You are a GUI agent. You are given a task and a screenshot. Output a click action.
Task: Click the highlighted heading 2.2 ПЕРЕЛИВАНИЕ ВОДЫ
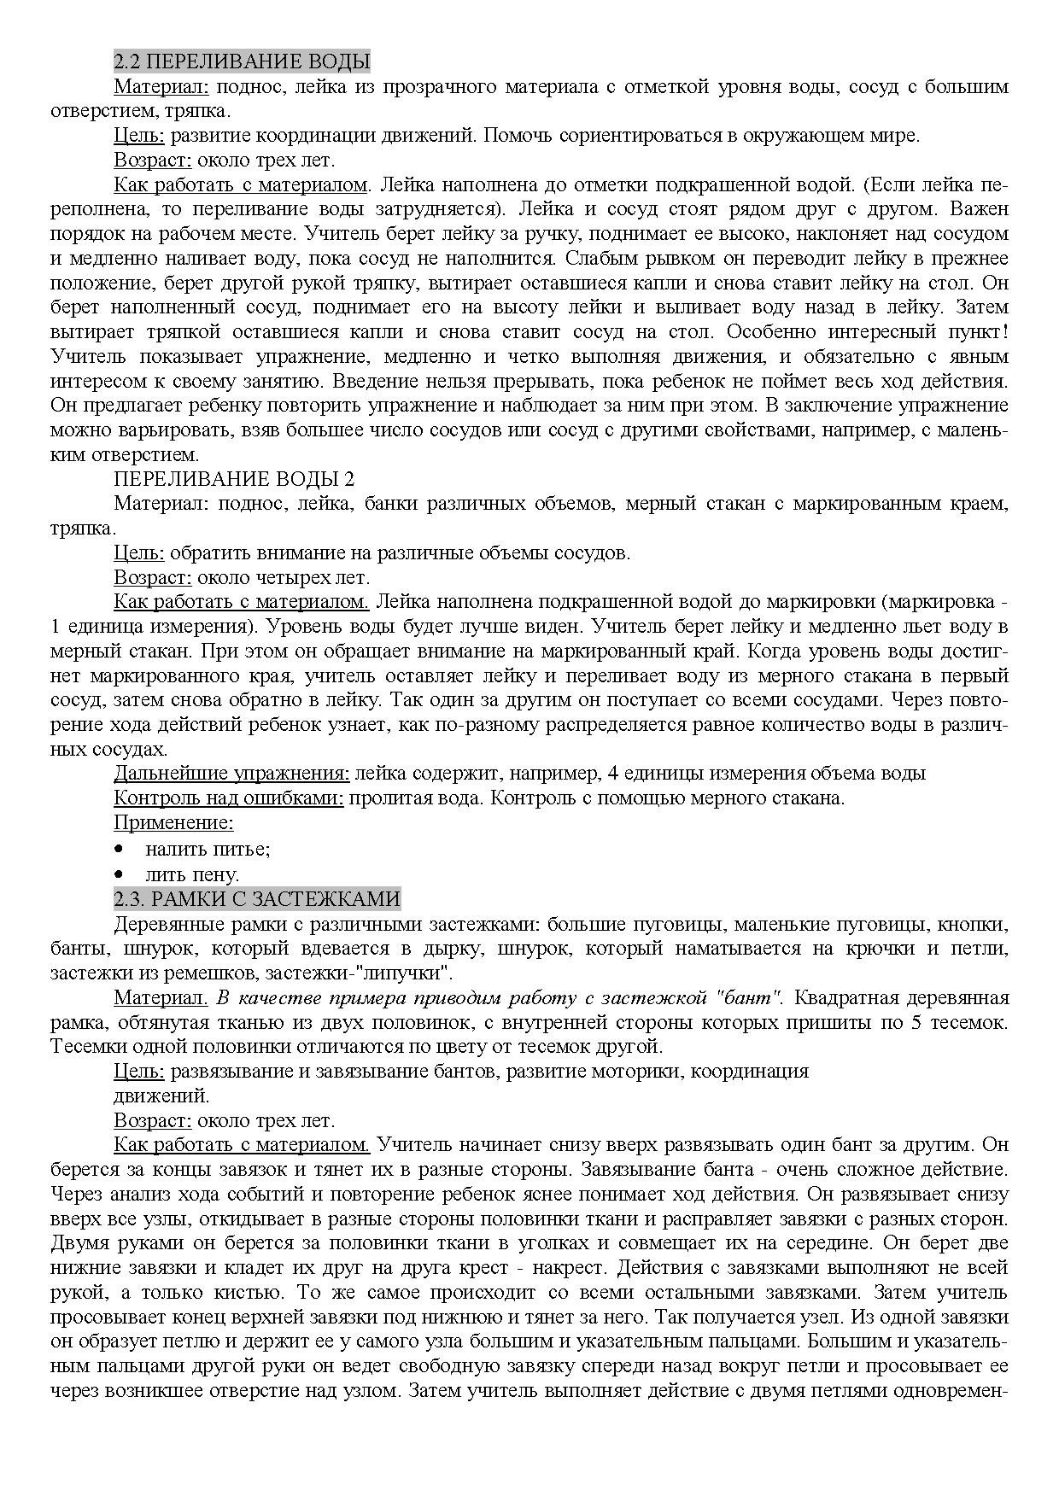[x=242, y=61]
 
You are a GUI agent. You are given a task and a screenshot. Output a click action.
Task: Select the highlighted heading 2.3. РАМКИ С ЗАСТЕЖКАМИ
[x=257, y=899]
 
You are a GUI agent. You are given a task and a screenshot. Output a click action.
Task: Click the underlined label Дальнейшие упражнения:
[x=231, y=774]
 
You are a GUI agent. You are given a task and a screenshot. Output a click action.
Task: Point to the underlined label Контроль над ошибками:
[x=229, y=798]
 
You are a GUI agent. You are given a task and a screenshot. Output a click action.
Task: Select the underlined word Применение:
[x=174, y=823]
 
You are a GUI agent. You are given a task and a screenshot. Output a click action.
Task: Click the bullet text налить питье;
[x=208, y=850]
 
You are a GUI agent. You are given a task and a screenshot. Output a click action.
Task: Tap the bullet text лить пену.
[x=192, y=875]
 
